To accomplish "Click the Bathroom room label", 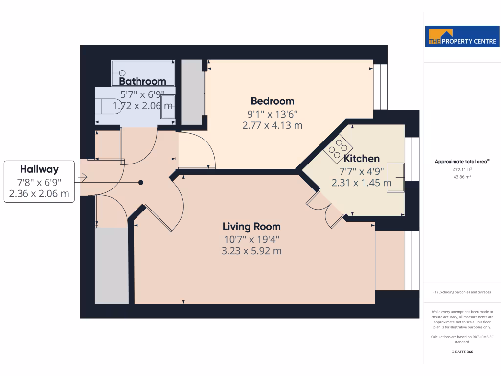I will [x=142, y=81].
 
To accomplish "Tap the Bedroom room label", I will [x=273, y=101].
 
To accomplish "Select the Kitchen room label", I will [x=362, y=159].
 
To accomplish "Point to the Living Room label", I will [x=251, y=227].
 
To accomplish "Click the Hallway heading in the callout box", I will [x=39, y=169].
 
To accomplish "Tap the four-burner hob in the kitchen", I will [x=338, y=149].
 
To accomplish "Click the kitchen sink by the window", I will [x=397, y=178].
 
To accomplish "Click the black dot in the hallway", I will [x=141, y=183].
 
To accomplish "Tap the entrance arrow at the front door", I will [x=83, y=177].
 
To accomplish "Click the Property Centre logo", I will [x=462, y=37].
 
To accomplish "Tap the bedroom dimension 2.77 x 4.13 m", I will [x=273, y=125].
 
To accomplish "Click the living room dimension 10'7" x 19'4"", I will [x=251, y=239].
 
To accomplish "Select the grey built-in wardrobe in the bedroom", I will [x=192, y=93].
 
